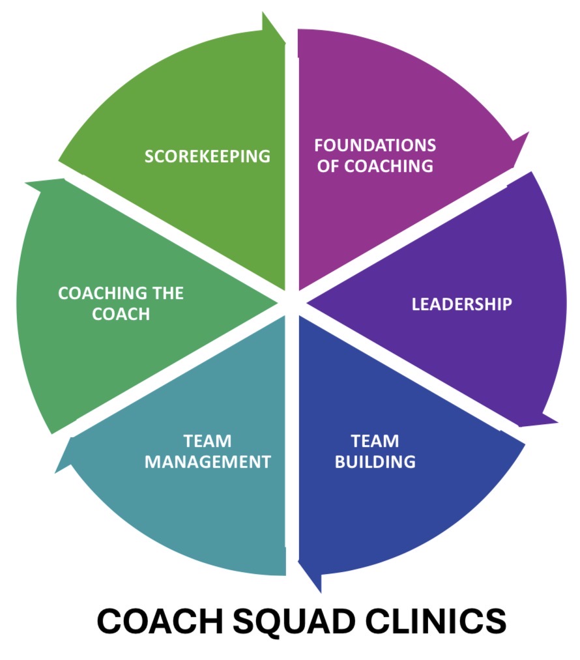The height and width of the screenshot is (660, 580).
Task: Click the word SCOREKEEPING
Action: coord(207,156)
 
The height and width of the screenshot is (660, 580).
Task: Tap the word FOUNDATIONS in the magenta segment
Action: coord(375,145)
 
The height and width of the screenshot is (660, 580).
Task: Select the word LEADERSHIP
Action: coord(461,304)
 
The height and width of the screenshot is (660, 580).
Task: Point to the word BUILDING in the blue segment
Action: coord(375,462)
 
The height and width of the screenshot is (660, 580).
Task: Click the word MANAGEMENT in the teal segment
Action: coord(207,462)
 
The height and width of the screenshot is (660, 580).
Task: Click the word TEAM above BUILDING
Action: coord(375,441)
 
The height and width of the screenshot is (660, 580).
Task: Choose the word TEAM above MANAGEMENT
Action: coord(207,441)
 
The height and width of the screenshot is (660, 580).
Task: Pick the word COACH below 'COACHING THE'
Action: coord(121,314)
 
